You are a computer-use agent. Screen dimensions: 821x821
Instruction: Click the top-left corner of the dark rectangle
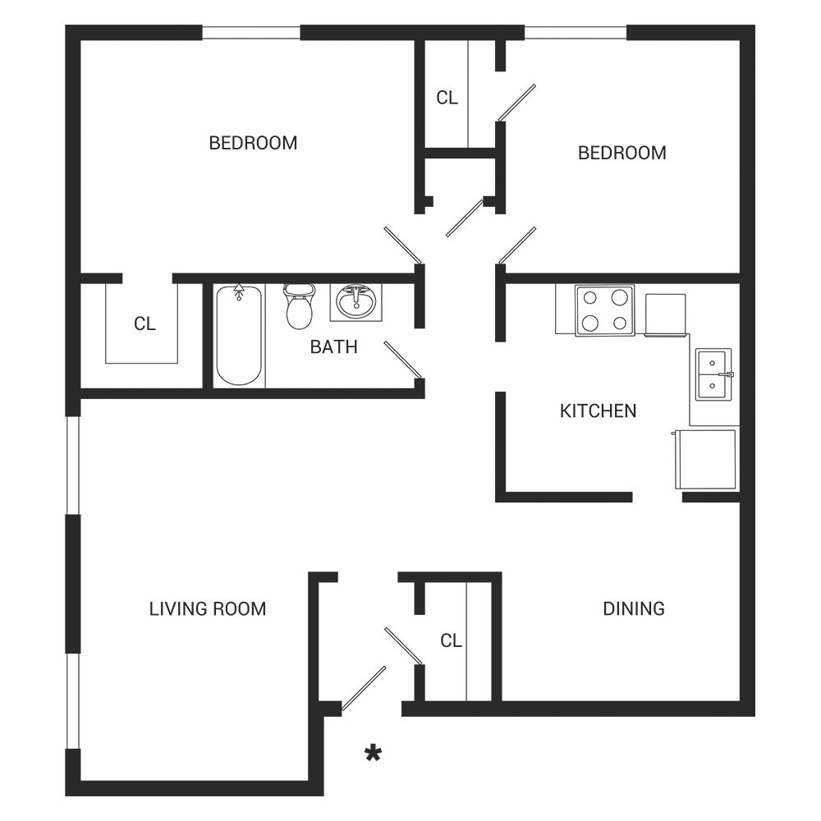66,25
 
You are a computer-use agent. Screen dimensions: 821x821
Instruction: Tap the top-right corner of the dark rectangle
754,25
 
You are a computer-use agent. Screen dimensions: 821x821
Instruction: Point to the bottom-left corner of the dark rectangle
66,795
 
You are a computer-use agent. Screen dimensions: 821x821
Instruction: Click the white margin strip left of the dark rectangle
33,410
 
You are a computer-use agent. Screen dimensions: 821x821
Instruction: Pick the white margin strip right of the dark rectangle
788,410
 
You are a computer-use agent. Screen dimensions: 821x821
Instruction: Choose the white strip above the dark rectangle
410,12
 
